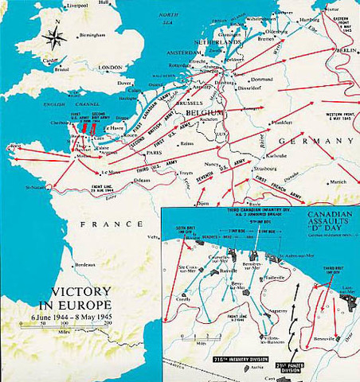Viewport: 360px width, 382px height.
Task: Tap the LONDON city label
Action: pos(110,68)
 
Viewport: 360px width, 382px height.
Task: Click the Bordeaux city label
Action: pos(83,263)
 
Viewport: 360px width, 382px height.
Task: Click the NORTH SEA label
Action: pos(167,18)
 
